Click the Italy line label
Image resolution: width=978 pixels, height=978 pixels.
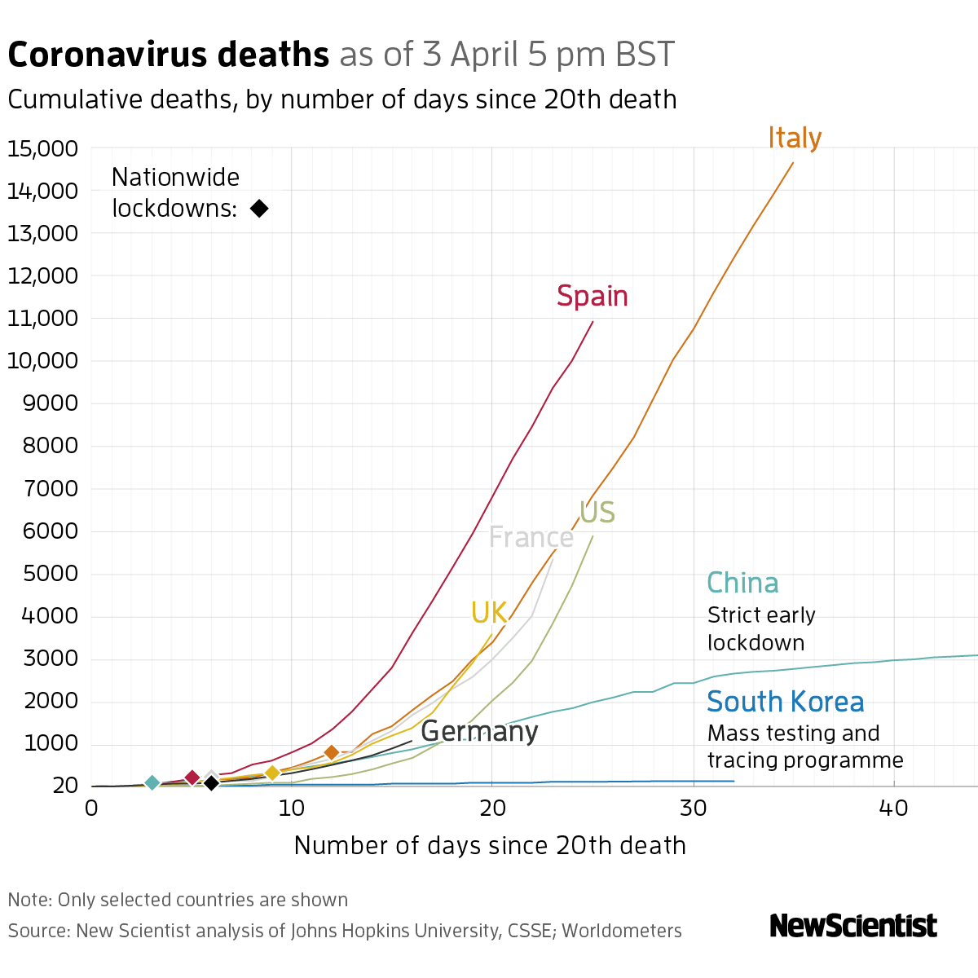tap(795, 139)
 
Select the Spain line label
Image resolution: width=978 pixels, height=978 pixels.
tap(593, 296)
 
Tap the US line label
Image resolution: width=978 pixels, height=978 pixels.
tap(597, 513)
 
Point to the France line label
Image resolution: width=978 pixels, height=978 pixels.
tap(531, 538)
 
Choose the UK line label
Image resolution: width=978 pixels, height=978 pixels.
tap(489, 613)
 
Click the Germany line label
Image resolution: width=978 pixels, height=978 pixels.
tap(479, 731)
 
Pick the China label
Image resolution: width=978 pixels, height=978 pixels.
tap(742, 584)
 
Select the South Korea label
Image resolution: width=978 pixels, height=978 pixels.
tap(786, 702)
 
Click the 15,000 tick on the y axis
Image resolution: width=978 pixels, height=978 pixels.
tap(42, 149)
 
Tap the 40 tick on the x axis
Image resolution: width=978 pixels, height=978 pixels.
tap(894, 808)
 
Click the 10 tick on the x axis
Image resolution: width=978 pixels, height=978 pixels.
tap(292, 808)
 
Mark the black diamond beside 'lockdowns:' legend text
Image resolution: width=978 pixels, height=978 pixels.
tap(259, 209)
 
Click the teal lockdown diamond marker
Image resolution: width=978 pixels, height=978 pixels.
tap(152, 782)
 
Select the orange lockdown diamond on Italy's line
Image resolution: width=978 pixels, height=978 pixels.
tap(331, 752)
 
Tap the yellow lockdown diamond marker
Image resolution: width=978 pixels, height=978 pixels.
tap(272, 773)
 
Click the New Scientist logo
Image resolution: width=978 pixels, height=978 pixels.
tap(853, 926)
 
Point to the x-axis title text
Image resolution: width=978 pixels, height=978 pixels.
tap(490, 845)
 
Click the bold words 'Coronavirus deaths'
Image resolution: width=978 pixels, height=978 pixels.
tap(169, 55)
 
